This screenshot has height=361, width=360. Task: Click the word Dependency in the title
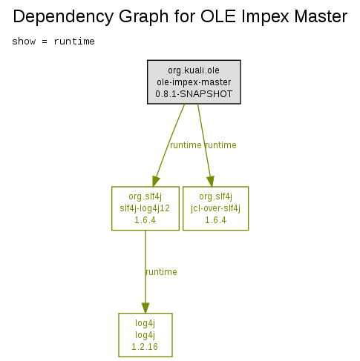point(63,17)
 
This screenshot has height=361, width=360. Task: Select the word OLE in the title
point(218,16)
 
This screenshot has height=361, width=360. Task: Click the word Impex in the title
point(266,17)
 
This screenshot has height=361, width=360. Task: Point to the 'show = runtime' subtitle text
point(53,42)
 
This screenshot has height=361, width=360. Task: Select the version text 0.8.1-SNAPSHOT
point(194,94)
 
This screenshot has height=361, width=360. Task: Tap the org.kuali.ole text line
point(194,70)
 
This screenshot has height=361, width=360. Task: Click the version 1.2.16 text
point(145,347)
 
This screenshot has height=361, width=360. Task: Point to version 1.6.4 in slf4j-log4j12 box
point(145,220)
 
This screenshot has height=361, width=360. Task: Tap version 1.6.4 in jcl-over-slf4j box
point(215,220)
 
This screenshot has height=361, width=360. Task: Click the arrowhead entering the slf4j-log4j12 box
point(155,182)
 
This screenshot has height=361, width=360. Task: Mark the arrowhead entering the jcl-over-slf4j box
point(211,182)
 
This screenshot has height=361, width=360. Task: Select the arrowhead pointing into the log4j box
point(145,308)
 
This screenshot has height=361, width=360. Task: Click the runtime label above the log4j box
point(161,272)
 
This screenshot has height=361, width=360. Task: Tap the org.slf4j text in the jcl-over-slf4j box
point(215,196)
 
